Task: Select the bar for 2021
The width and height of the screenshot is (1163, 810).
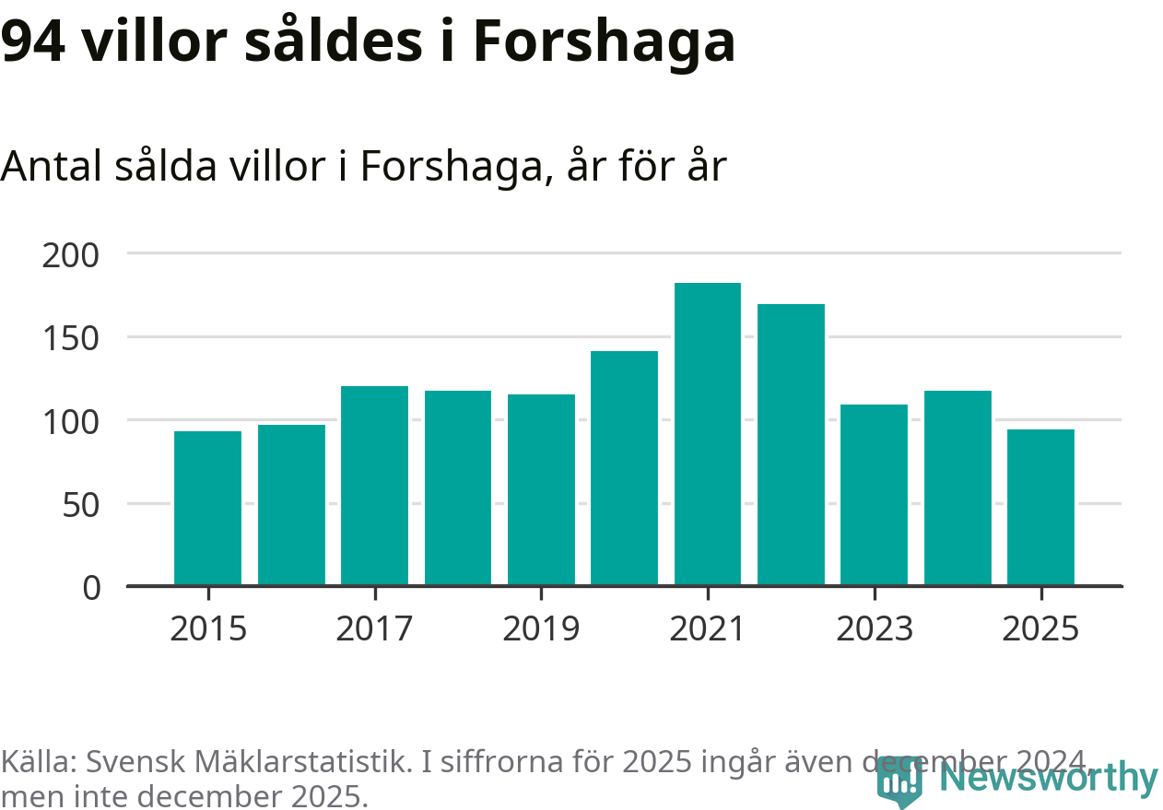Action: [x=708, y=434]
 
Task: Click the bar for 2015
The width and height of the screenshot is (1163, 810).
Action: [x=208, y=508]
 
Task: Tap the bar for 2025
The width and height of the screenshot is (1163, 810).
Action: [x=1040, y=507]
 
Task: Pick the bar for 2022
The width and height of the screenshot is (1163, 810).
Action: [x=791, y=444]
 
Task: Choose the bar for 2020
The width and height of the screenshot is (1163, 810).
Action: [x=624, y=468]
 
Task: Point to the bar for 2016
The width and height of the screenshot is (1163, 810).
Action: [x=291, y=505]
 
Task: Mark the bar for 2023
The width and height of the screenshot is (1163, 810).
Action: [x=874, y=495]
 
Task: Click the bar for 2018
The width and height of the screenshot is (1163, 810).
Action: [x=458, y=487]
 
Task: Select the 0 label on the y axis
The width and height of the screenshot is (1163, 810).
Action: [x=92, y=588]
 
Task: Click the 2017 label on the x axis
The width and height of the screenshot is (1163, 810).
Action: [x=374, y=629]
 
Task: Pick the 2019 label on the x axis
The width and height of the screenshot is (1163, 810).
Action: [x=541, y=629]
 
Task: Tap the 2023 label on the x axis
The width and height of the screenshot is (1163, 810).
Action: [x=874, y=629]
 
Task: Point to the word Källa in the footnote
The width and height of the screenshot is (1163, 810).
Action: [x=39, y=762]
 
